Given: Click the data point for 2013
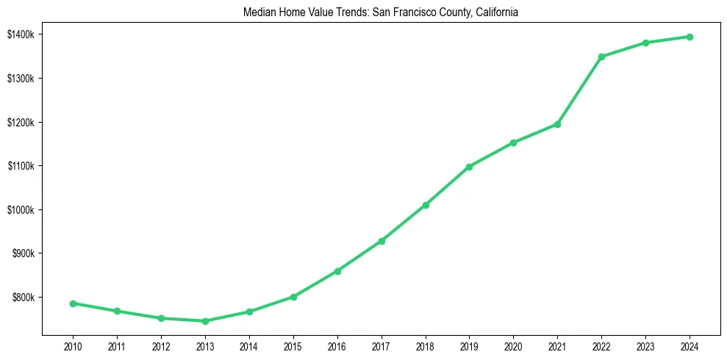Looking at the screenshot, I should [x=205, y=321].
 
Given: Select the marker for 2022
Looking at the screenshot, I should [x=601, y=57].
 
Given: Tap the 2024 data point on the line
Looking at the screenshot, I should [x=690, y=37].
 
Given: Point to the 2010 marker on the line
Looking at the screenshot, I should [x=73, y=303].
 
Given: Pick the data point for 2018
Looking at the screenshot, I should [x=426, y=205].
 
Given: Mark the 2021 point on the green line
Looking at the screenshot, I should [x=557, y=124].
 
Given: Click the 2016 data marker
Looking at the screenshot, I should [x=337, y=271].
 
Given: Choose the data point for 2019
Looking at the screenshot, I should [x=470, y=167].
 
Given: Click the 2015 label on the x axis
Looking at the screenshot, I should [x=293, y=344].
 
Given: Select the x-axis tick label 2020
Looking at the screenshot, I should [x=513, y=344].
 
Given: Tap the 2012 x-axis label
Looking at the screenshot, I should [x=161, y=344].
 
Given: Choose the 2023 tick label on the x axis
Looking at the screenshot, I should [x=645, y=344].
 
